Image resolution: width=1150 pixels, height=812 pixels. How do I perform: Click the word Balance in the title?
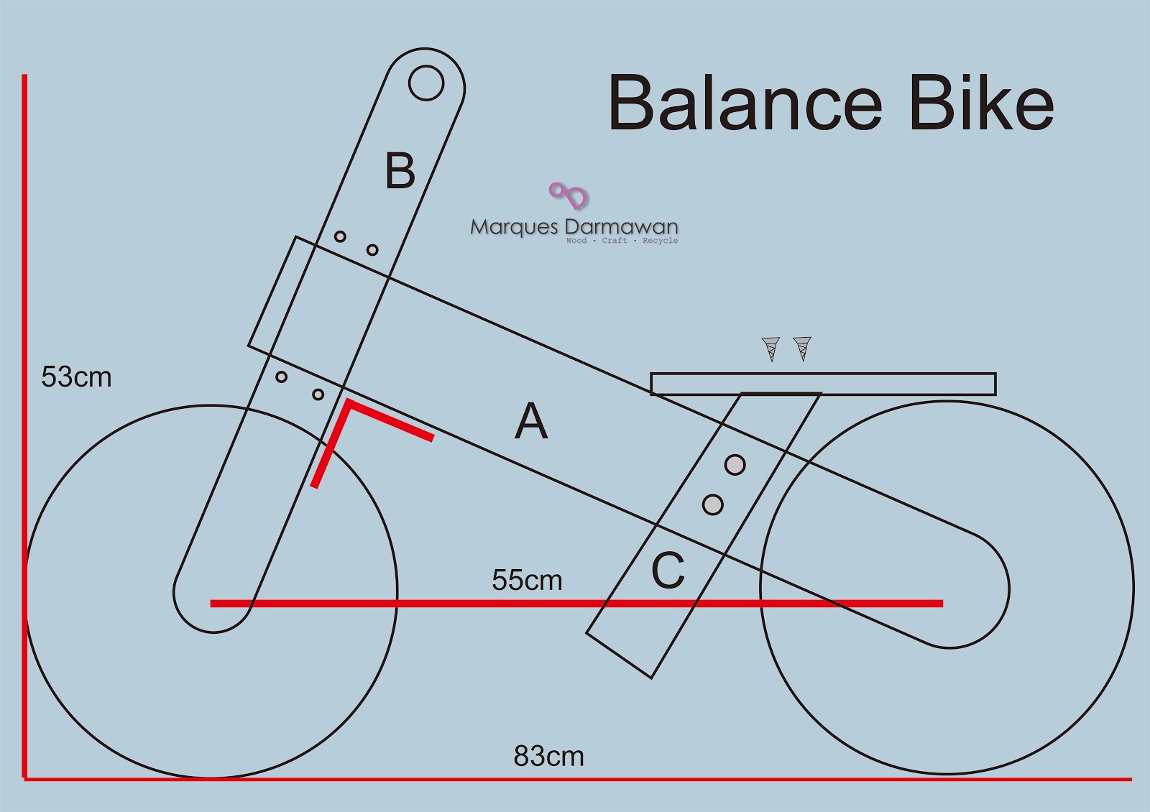pyautogui.click(x=745, y=104)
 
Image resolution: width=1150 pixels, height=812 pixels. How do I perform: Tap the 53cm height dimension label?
pyautogui.click(x=76, y=377)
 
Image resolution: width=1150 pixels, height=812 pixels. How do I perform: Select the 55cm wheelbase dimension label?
pyautogui.click(x=527, y=581)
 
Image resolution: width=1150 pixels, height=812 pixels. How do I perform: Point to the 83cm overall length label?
pyautogui.click(x=548, y=757)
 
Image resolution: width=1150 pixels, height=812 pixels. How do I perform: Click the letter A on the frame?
pyautogui.click(x=531, y=421)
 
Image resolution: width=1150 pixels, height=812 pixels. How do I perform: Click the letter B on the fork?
pyautogui.click(x=400, y=171)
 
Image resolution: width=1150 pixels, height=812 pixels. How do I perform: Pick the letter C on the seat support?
pyautogui.click(x=668, y=571)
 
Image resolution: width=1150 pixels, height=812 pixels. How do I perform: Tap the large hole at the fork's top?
pyautogui.click(x=426, y=83)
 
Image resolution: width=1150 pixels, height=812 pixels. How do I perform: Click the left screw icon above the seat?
pyautogui.click(x=770, y=349)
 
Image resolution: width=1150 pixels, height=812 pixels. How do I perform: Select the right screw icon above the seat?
pyautogui.click(x=802, y=349)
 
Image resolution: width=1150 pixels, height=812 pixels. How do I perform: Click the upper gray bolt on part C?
pyautogui.click(x=735, y=465)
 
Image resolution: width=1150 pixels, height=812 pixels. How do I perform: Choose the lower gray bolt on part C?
pyautogui.click(x=712, y=504)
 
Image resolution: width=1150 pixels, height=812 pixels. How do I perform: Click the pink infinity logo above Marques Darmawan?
pyautogui.click(x=569, y=195)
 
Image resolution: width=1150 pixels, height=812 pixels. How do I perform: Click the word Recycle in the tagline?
pyautogui.click(x=660, y=241)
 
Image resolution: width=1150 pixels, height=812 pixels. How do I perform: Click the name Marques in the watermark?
pyautogui.click(x=514, y=227)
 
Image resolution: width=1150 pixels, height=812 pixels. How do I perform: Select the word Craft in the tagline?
pyautogui.click(x=615, y=241)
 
